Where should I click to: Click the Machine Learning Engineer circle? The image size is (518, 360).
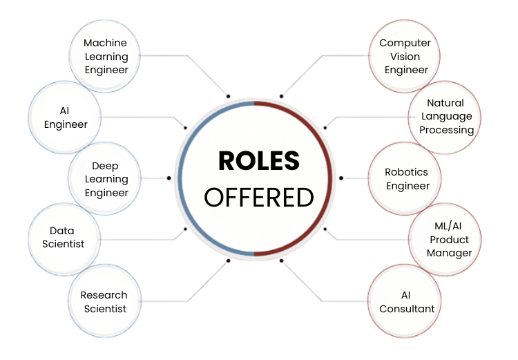tap(106, 56)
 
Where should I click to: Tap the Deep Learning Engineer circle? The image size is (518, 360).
tap(106, 179)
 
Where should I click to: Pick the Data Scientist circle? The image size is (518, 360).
tap(63, 237)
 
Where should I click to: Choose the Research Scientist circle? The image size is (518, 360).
tap(104, 302)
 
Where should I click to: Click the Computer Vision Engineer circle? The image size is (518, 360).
tap(405, 56)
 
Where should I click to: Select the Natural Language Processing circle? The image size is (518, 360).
tap(445, 116)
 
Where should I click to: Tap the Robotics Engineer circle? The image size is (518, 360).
tap(407, 179)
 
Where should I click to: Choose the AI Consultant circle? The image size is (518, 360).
tap(407, 302)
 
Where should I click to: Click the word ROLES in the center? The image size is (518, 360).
tap(258, 161)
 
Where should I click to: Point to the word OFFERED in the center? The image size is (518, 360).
tap(258, 198)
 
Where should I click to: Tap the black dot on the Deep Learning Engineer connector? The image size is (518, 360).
tap(169, 178)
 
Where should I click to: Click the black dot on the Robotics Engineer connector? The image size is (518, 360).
tap(341, 178)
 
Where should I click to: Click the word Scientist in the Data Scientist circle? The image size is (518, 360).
tap(63, 244)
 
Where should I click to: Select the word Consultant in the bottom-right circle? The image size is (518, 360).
tap(407, 309)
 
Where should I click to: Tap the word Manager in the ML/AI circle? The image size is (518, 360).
tap(449, 253)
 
